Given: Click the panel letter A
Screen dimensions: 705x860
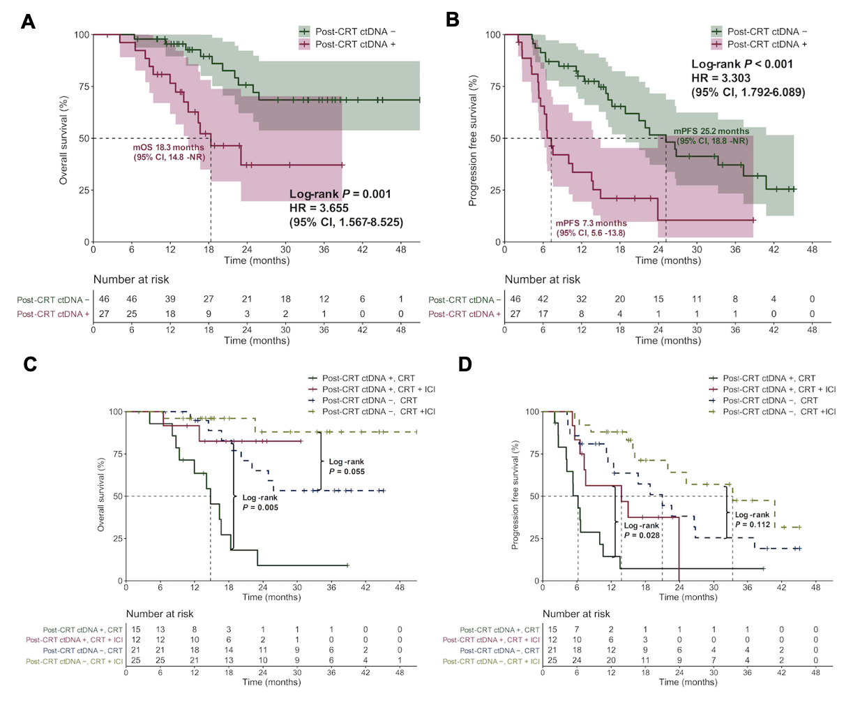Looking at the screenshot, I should point(28,22).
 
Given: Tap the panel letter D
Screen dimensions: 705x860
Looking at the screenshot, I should point(464,364).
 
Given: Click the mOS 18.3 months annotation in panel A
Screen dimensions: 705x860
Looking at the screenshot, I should point(169,148).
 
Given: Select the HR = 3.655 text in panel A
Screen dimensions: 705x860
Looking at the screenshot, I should point(319,208).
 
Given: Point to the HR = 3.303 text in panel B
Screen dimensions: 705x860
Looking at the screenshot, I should point(721,78).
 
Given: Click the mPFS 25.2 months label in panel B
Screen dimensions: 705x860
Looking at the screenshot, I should point(711,131).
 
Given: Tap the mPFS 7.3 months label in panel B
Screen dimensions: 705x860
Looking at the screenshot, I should point(591,223).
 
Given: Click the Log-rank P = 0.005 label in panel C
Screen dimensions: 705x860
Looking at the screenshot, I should point(260,503).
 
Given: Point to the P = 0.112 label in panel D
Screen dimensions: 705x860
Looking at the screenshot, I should point(753,524).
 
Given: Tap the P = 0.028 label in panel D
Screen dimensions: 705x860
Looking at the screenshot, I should point(642,535).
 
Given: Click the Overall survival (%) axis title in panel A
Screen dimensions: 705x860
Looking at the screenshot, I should point(63,140).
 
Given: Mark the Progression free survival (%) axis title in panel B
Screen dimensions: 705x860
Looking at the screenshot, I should point(473,140).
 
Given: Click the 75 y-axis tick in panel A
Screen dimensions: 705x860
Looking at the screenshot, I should point(83,87).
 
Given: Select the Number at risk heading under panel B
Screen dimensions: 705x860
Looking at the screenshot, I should point(542,279).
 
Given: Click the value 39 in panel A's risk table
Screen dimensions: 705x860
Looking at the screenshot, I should point(170,299).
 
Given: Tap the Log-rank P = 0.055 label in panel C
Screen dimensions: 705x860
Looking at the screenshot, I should point(347,466).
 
